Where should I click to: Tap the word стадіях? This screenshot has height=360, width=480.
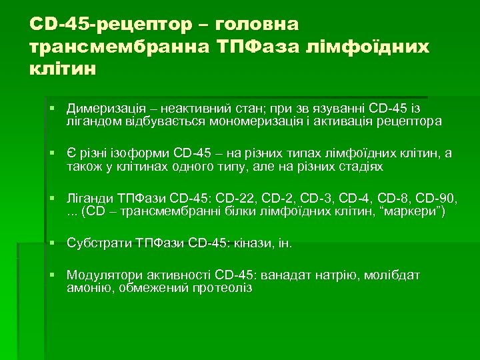(360, 167)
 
